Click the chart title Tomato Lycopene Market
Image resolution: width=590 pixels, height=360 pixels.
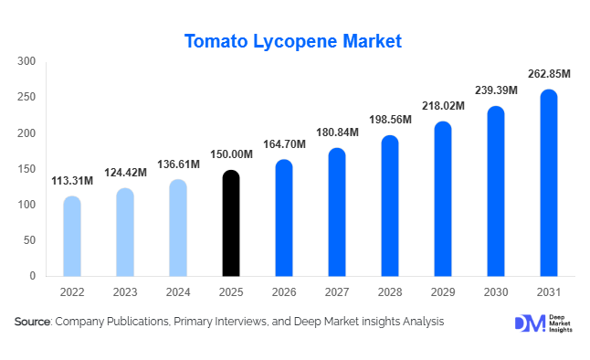[293, 41]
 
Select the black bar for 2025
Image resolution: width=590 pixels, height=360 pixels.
[231, 223]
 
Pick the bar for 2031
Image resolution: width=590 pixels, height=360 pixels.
[548, 183]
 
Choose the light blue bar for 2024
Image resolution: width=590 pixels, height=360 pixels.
[178, 228]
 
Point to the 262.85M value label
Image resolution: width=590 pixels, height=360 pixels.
[548, 74]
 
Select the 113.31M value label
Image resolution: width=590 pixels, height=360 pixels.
[72, 181]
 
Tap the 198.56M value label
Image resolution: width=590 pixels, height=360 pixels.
[390, 120]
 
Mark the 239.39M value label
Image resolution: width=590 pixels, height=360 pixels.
[495, 90]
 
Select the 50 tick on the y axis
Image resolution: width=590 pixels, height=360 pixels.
[29, 240]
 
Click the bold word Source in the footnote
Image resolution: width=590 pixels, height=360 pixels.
[33, 322]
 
